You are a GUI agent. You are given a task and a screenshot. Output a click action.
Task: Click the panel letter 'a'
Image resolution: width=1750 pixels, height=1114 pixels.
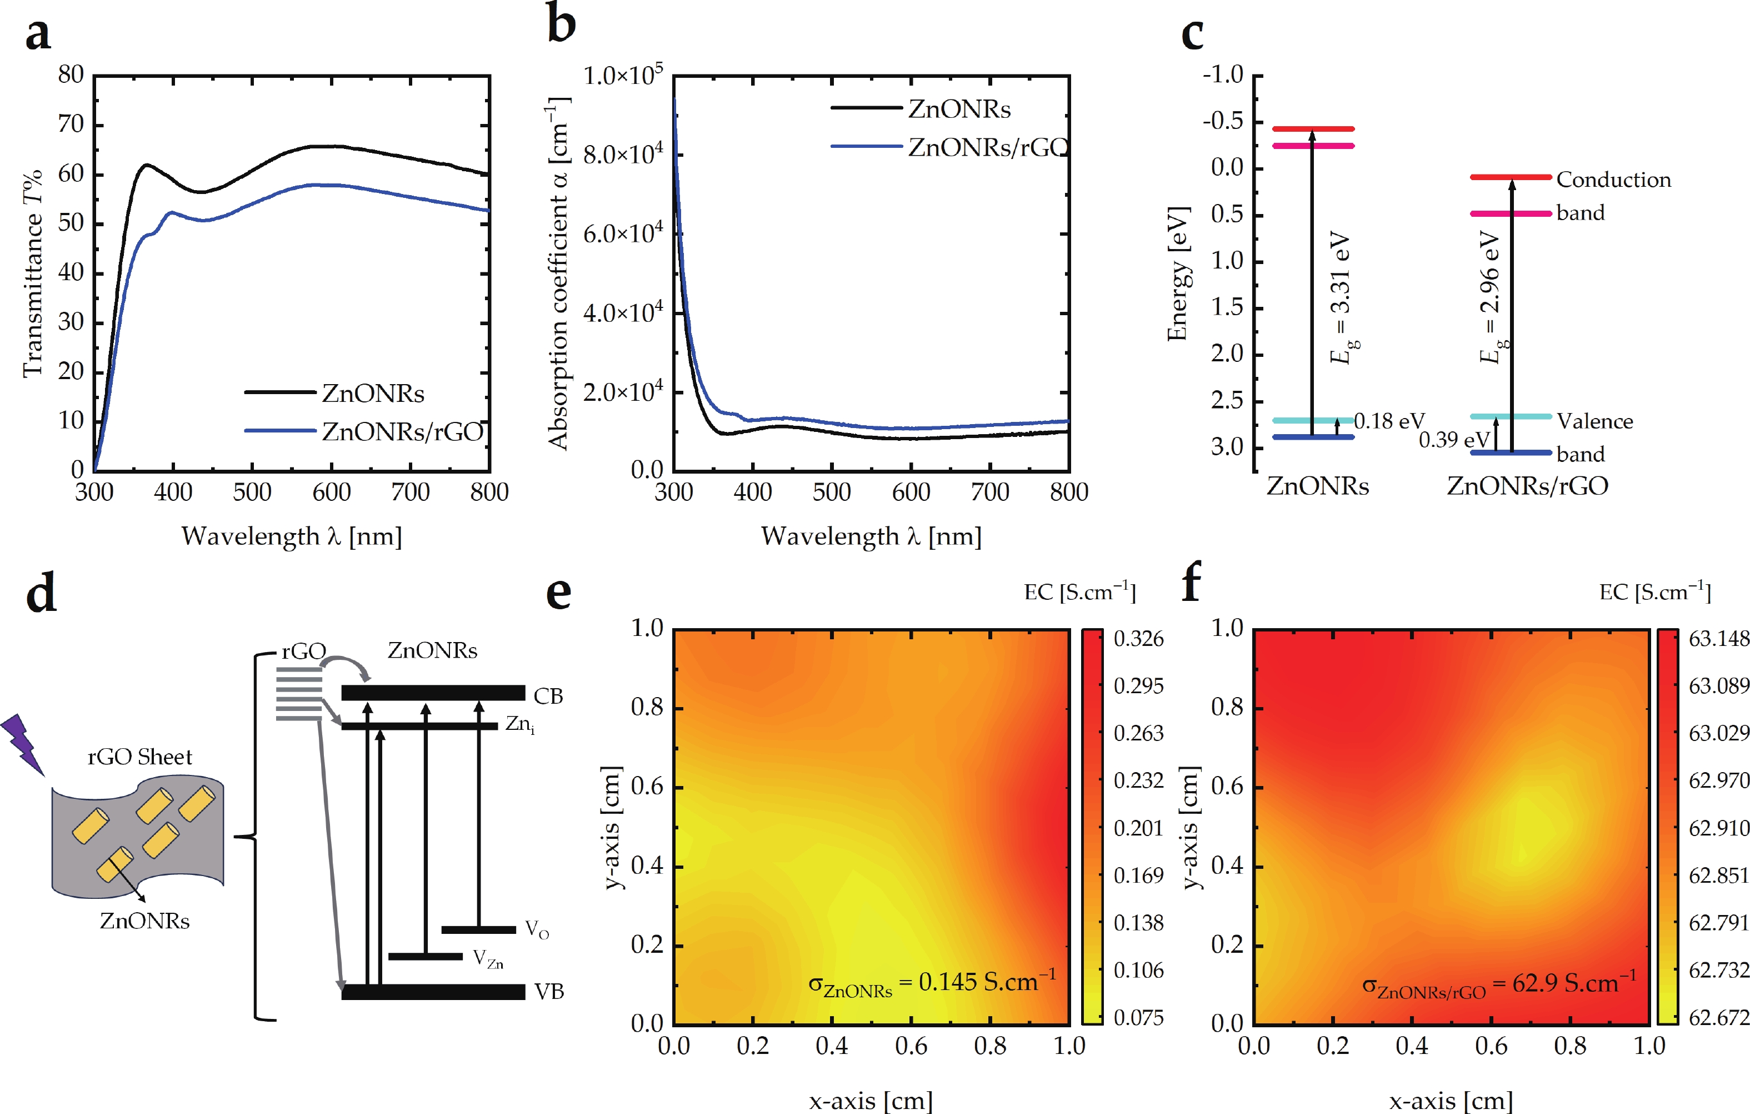(x=38, y=34)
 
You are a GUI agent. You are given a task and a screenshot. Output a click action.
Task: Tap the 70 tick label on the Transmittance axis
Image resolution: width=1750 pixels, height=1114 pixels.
(x=71, y=125)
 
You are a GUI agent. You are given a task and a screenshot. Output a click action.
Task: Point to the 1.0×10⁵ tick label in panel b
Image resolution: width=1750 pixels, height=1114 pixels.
(x=623, y=75)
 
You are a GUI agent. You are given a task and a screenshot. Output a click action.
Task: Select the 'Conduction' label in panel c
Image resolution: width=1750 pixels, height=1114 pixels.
(x=1613, y=180)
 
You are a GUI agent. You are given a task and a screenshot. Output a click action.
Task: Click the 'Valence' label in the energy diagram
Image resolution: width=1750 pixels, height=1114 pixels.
(x=1594, y=421)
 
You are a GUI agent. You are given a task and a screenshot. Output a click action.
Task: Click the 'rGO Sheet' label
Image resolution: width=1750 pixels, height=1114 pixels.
(x=139, y=757)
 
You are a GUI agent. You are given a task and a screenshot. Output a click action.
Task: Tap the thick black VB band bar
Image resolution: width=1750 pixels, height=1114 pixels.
(x=433, y=992)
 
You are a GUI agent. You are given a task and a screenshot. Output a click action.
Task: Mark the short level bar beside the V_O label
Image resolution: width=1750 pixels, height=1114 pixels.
(x=478, y=929)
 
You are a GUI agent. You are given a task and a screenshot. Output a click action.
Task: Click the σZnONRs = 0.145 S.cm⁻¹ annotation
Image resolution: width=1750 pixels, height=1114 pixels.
(x=932, y=983)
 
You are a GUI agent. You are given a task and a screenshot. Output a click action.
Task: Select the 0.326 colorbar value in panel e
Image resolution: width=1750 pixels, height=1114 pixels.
(x=1138, y=639)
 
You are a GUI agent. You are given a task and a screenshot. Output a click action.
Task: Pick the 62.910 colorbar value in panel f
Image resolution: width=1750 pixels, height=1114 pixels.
(x=1718, y=828)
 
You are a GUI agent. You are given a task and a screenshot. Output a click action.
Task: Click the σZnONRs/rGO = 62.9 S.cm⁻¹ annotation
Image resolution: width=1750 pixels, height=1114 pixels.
(x=1498, y=985)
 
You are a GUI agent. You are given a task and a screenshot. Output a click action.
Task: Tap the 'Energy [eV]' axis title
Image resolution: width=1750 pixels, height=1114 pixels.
(x=1177, y=273)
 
